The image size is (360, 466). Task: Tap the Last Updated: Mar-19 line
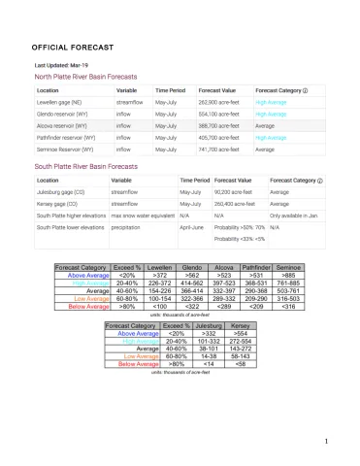[60, 64]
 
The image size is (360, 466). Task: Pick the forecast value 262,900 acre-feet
[218, 101]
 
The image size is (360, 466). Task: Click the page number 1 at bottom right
[328, 444]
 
